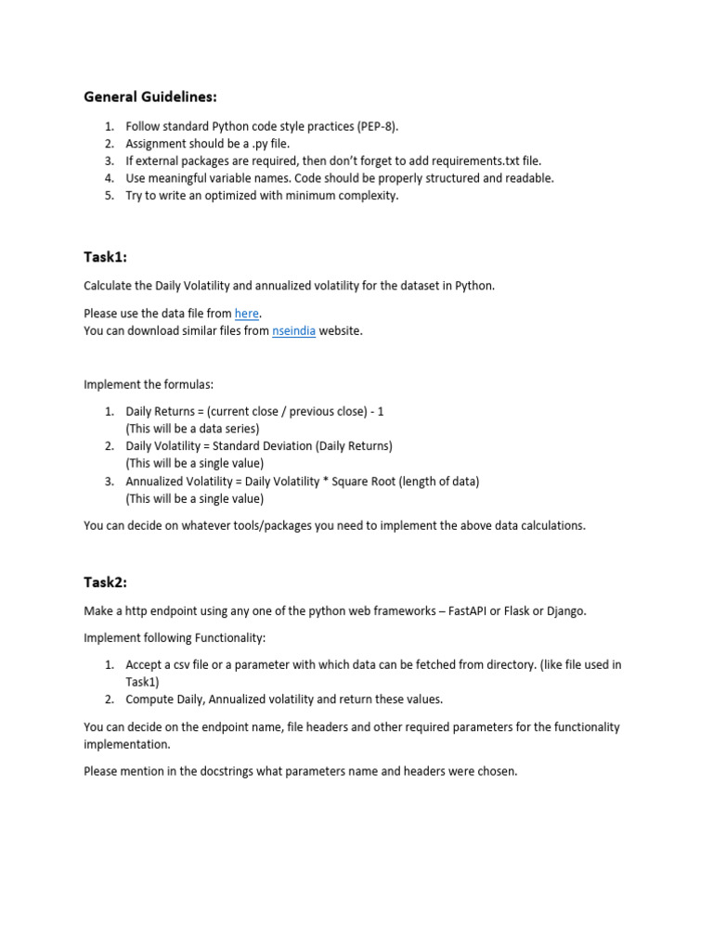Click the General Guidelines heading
pos(150,96)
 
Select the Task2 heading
pos(105,582)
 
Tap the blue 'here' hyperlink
pos(246,314)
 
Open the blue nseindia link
pos(293,331)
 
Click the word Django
pos(566,610)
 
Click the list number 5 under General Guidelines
pos(109,196)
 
